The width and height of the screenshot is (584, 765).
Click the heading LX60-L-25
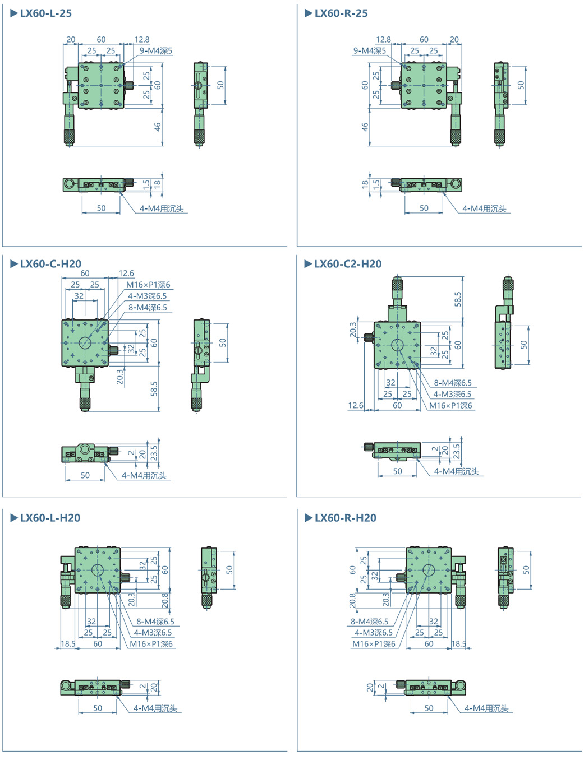point(45,13)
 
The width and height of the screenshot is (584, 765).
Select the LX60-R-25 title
point(341,13)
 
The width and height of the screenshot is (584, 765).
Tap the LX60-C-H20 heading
point(50,264)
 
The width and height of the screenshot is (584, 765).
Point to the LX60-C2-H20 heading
point(347,264)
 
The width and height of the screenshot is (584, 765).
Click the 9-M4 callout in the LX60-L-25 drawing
point(156,51)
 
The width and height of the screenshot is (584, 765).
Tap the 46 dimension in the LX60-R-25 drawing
point(365,127)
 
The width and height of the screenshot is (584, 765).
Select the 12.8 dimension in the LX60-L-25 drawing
point(142,40)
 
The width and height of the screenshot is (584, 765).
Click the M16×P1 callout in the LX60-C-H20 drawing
point(148,285)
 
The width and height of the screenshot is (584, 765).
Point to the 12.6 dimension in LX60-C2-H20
point(355,405)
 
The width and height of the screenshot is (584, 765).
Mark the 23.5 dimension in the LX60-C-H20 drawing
point(154,453)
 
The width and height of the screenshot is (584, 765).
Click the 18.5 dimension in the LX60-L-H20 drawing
point(68,644)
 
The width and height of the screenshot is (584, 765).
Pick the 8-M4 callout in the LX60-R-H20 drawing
point(369,622)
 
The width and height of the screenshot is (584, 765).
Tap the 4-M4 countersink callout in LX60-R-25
point(484,209)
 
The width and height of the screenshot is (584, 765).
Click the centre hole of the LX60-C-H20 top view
point(85,342)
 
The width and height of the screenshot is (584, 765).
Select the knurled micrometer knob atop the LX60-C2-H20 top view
point(397,284)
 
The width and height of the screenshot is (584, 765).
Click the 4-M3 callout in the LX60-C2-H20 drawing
point(452,395)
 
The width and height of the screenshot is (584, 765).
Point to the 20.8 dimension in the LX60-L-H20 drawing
point(165,600)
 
